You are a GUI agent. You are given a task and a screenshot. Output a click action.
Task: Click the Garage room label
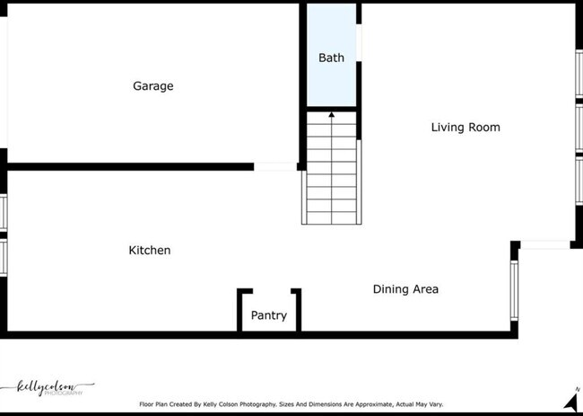[152, 86]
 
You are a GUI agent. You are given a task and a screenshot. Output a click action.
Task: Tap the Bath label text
[331, 58]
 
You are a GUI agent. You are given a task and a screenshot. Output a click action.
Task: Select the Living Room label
[466, 128]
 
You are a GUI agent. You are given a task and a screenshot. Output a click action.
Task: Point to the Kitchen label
[149, 250]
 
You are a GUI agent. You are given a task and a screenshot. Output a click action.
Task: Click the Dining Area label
[405, 289]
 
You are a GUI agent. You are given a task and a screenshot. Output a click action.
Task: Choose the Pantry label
[268, 315]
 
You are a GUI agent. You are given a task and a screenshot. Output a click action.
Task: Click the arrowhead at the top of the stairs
[332, 114]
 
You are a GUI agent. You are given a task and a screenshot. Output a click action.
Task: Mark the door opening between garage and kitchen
[275, 166]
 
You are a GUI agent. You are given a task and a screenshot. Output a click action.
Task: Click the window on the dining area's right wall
[515, 292]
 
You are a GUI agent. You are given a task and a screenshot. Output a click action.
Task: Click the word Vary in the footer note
[433, 404]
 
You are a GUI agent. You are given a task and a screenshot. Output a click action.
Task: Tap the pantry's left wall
[239, 309]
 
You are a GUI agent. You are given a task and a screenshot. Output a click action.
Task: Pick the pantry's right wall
[297, 309]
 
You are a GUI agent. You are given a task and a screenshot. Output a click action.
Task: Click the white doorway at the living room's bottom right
[544, 245]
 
